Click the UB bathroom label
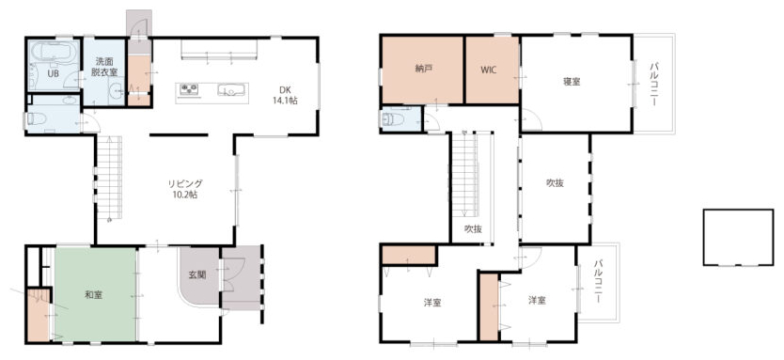(53, 72)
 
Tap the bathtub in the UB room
(54, 52)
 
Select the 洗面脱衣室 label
(104, 67)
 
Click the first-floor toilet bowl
(37, 118)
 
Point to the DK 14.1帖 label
(285, 95)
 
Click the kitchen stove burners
(189, 89)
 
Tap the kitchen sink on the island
(230, 90)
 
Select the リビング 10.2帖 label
(185, 189)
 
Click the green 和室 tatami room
(95, 294)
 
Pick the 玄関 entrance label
(197, 274)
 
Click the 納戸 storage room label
(423, 70)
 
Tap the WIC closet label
(489, 70)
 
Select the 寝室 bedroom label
(572, 82)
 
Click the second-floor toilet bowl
(394, 119)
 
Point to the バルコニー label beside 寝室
(654, 84)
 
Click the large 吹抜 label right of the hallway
(555, 183)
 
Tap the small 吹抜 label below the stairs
(473, 229)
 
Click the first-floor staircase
(109, 178)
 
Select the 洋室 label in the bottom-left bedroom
(432, 303)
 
